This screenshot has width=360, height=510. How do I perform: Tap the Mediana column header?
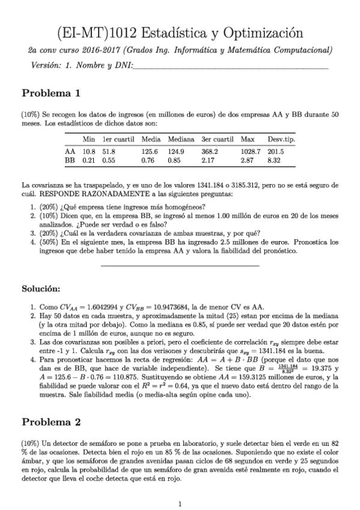click(180, 138)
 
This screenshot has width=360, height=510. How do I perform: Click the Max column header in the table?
click(247, 138)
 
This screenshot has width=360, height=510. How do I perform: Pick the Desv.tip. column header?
click(280, 138)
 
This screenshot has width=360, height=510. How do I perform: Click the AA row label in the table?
click(70, 152)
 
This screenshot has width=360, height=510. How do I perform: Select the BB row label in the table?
click(70, 161)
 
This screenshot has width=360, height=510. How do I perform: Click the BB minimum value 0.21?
click(90, 161)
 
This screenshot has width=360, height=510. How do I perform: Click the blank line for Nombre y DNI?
click(228, 68)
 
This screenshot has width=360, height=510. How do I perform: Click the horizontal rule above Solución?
click(180, 265)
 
